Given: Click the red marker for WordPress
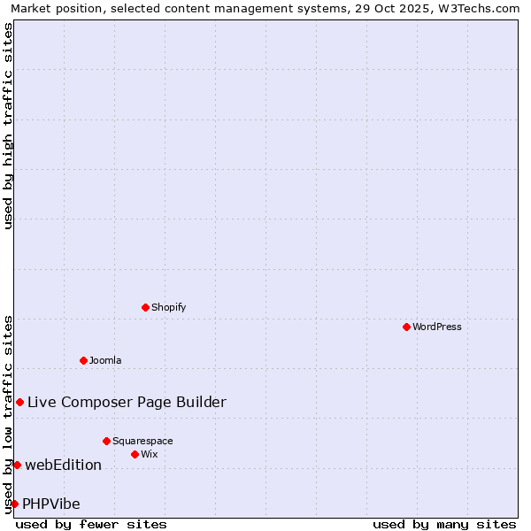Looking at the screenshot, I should pos(406,327).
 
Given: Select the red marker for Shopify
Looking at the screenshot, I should pos(145,307).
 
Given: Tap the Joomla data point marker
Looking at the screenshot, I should pos(83,360).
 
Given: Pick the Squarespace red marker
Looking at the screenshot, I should pos(106,441).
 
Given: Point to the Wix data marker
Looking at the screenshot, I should pos(135,454).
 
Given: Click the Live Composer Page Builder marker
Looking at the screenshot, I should pos(19,402).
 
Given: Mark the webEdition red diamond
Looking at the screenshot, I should pos(17,465).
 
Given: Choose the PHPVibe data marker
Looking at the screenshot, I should pos(14,504).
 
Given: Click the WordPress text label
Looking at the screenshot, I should pos(437,327).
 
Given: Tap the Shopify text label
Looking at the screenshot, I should pos(168,307).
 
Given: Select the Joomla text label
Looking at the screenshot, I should pos(105,360).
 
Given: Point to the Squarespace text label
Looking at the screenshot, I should pos(142,441).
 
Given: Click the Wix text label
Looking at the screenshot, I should pos(150,454).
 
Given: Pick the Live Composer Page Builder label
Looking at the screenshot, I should pos(127,402).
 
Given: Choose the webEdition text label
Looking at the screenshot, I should pos(63,465).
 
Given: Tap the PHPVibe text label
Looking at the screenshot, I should pos(51,504).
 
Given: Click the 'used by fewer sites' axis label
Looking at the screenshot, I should pos(91,524).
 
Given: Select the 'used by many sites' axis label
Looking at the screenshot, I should pos(444,524).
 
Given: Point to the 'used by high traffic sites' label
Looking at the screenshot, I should pos(8,126).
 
